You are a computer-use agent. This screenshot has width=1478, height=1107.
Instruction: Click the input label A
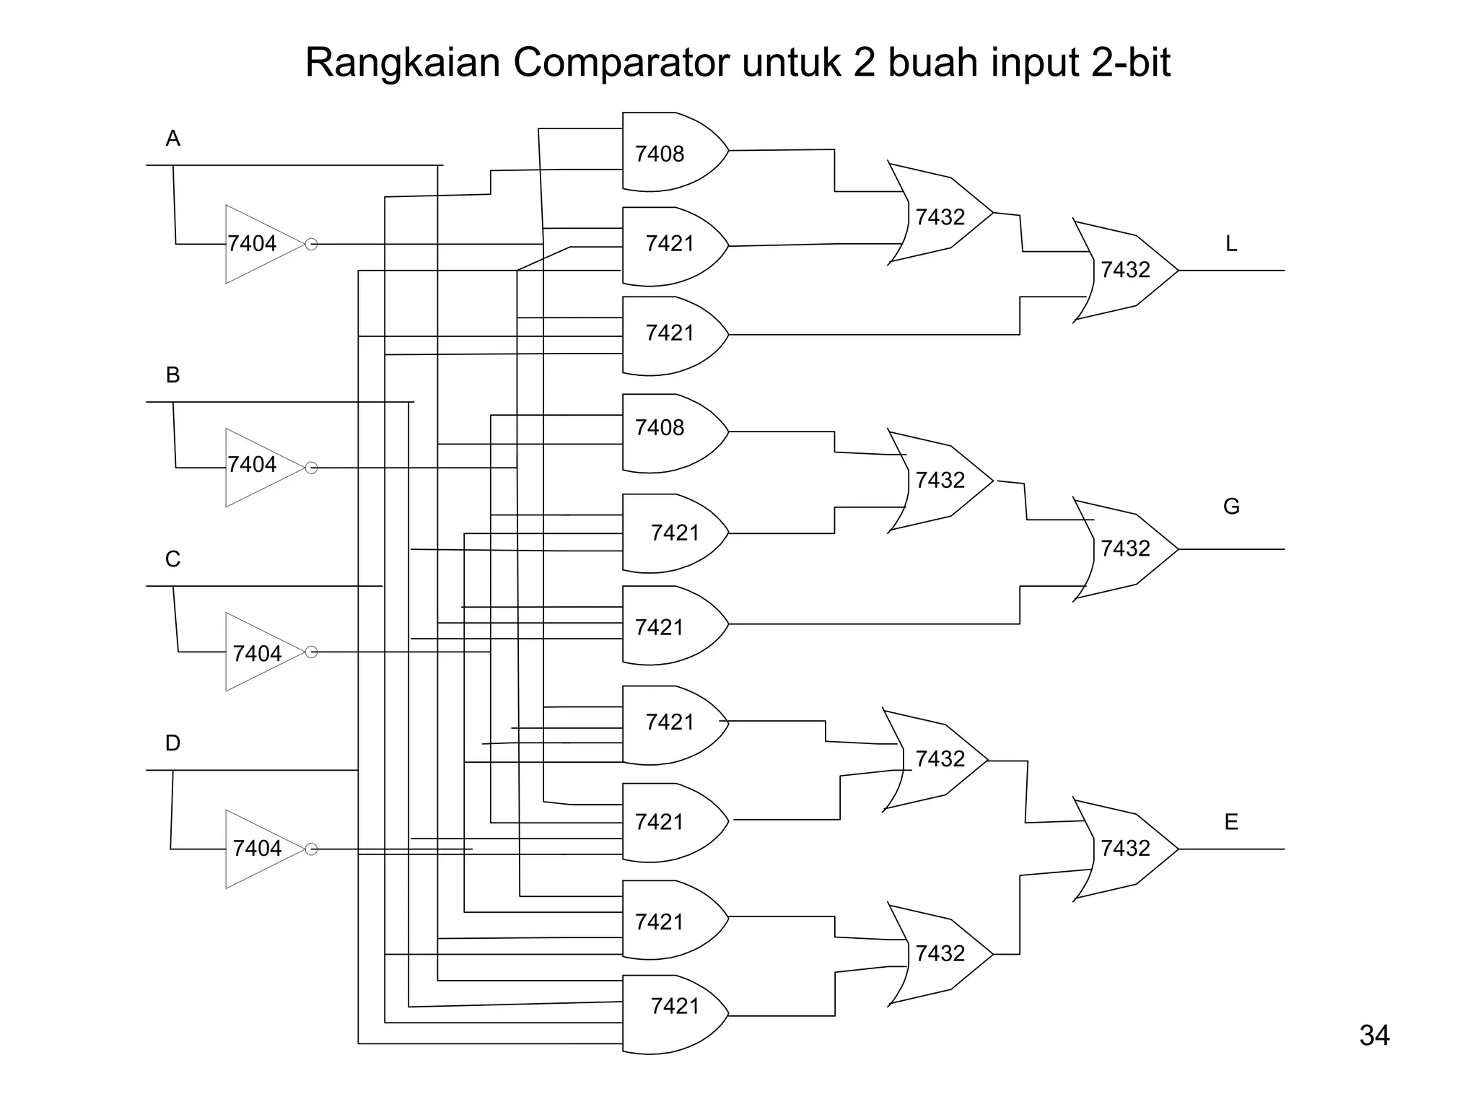tap(172, 139)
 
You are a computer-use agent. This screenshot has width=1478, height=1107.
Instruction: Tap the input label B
tap(172, 375)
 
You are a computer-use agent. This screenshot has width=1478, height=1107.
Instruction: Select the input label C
tap(172, 559)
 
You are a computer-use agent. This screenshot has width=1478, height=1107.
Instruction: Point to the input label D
tap(172, 743)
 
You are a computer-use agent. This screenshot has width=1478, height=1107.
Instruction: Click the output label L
tap(1231, 244)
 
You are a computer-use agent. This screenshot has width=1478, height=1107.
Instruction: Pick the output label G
tap(1231, 507)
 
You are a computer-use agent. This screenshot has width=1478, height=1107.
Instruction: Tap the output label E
tap(1231, 822)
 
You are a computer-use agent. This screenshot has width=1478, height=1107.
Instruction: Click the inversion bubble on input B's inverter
tap(311, 468)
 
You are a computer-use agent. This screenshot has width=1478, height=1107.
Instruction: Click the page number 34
tap(1374, 1036)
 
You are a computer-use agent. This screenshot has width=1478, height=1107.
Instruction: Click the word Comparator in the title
tap(621, 63)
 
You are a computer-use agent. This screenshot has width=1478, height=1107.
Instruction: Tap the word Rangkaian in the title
tap(403, 63)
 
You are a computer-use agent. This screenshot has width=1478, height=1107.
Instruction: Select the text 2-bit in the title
tap(1130, 63)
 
